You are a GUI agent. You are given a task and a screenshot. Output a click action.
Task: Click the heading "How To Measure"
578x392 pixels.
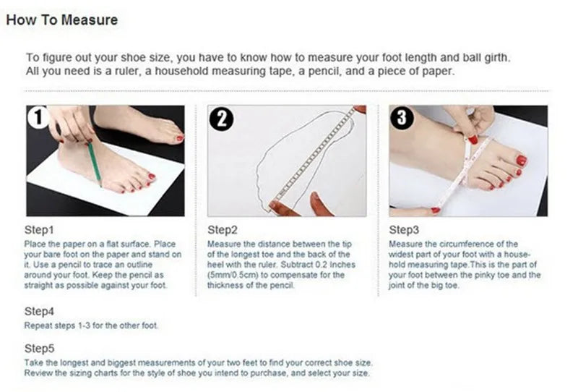(x=61, y=20)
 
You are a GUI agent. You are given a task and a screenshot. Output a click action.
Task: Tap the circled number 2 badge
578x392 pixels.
(x=220, y=119)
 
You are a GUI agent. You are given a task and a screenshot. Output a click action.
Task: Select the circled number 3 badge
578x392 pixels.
(x=402, y=119)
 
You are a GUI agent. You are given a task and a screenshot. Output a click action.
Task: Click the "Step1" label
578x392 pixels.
(x=40, y=230)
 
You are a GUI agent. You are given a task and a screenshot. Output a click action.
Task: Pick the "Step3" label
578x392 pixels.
(x=404, y=230)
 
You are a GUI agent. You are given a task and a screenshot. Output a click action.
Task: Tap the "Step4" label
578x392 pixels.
(x=40, y=312)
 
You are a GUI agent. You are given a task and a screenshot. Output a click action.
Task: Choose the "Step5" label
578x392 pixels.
(x=40, y=348)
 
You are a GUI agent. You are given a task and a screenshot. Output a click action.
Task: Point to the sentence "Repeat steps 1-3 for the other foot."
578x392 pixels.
(x=92, y=326)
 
